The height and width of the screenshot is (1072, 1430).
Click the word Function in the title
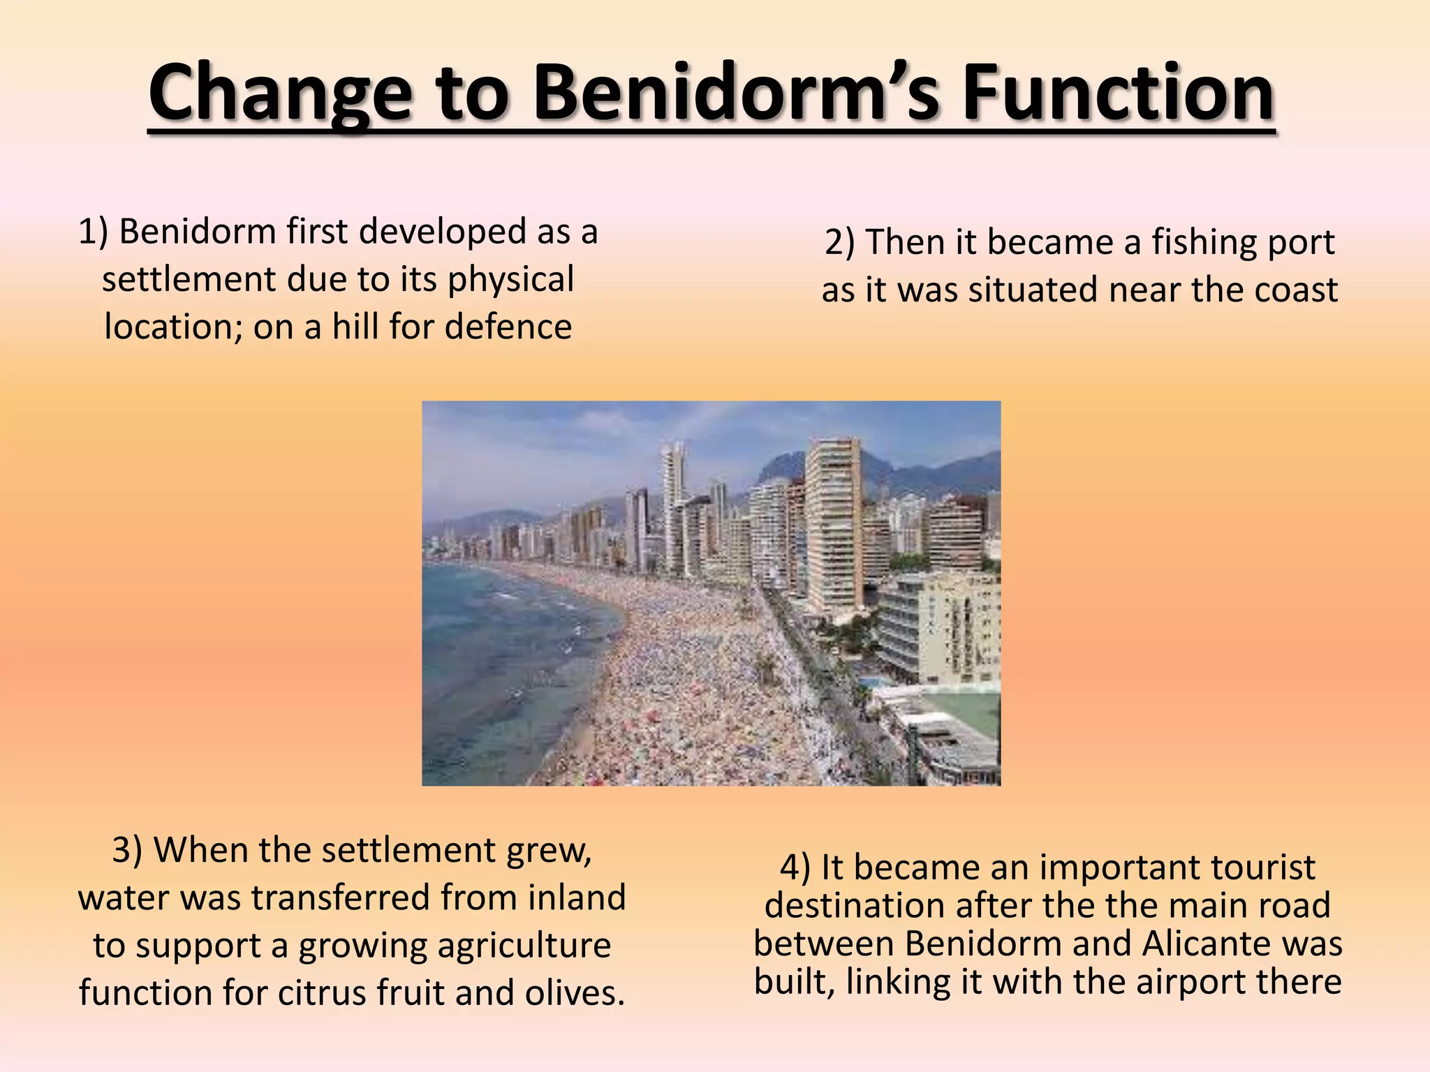[x=1117, y=92]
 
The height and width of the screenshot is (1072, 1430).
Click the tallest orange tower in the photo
[x=833, y=523]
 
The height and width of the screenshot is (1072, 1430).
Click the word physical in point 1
[x=510, y=280]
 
